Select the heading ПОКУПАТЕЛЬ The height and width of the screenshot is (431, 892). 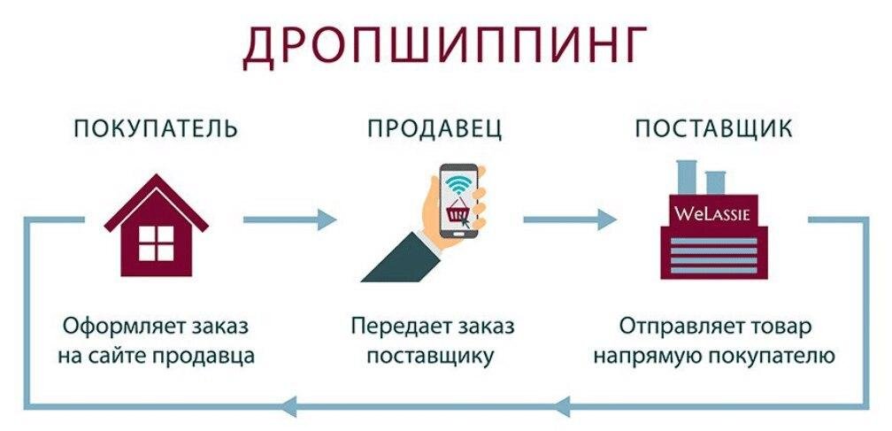coord(156,128)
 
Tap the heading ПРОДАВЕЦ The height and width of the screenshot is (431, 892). coord(434,128)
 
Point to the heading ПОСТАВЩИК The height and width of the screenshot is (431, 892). coord(713,128)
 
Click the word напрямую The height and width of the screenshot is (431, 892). coord(644,357)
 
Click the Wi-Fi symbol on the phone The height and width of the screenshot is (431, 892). coord(458,185)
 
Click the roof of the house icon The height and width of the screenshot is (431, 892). coord(157,196)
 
